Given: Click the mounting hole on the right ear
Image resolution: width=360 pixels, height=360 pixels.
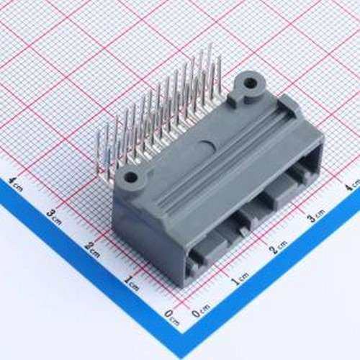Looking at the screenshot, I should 250,84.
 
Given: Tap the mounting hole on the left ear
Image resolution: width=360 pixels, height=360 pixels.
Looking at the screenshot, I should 130,176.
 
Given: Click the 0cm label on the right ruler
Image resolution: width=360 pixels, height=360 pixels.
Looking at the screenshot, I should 199,311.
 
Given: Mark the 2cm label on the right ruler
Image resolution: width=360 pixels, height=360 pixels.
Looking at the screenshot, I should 277,248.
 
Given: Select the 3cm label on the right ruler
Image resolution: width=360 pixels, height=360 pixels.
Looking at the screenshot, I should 315,215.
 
